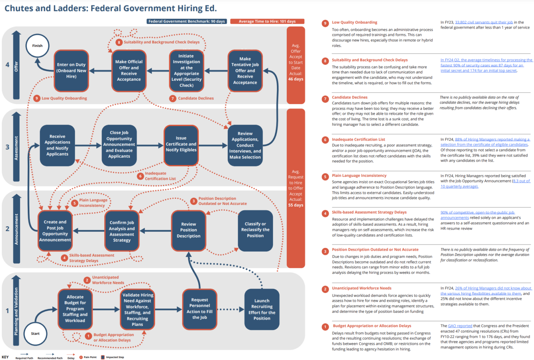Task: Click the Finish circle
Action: pos(37,46)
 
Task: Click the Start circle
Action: pos(35,334)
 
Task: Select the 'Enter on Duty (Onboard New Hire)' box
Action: pos(71,71)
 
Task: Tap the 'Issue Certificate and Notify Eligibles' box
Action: pos(181,144)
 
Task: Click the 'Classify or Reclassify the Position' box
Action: pos(255,230)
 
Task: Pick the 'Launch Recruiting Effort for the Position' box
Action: pos(262,309)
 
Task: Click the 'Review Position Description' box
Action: pos(189,230)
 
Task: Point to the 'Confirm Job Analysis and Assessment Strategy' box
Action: pos(122,231)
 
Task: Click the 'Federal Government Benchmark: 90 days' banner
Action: pos(187,21)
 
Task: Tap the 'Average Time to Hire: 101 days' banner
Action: pos(267,21)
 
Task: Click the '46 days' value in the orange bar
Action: pos(296,79)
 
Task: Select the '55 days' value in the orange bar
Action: pos(296,205)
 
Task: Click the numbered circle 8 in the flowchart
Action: pos(119,42)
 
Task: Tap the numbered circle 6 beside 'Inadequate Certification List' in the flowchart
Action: pos(140,176)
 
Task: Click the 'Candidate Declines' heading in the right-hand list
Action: pos(350,98)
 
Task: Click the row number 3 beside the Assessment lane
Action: pos(7,147)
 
